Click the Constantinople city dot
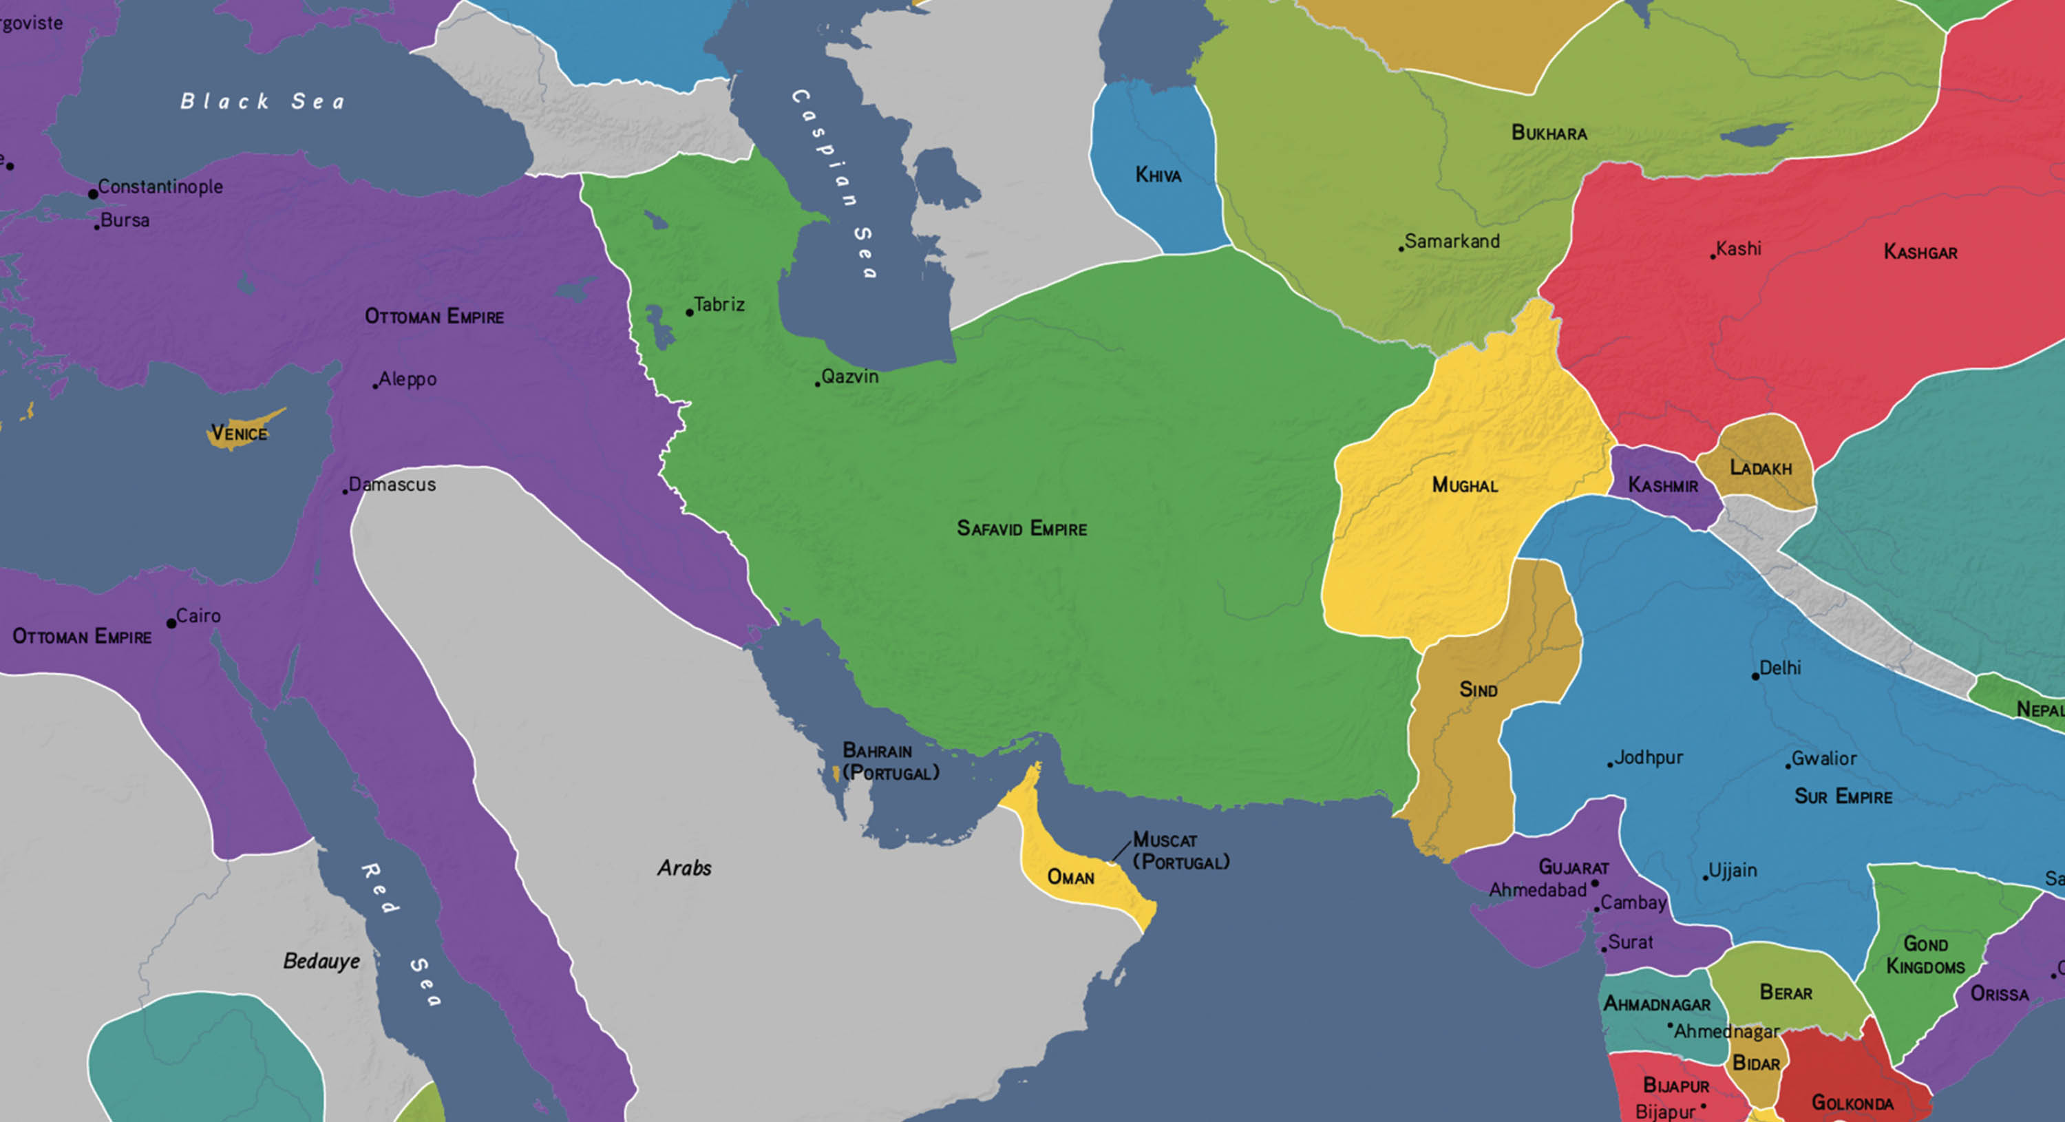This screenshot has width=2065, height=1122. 93,194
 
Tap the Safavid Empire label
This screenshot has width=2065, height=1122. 1021,528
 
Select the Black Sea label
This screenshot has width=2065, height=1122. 263,101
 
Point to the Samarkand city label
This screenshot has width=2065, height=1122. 1451,241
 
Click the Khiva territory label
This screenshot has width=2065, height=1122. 1158,175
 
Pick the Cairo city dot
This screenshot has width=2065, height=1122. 171,624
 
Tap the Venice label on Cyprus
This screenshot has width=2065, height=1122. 239,434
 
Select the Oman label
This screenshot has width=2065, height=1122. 1070,878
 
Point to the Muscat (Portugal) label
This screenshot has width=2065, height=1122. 1180,851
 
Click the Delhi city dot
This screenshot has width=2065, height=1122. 1755,677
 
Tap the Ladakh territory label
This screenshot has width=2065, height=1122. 1759,468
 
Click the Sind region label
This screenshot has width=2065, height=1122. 1477,690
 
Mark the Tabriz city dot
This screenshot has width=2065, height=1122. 690,313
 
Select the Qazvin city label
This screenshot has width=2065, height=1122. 849,377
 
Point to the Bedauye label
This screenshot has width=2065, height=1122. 321,961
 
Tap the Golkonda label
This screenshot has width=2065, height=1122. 1852,1103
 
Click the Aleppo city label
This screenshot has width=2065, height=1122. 407,379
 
